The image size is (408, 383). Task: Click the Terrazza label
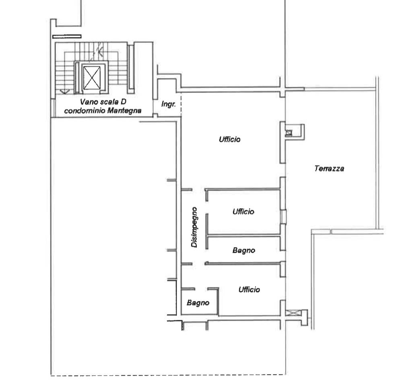click(329, 169)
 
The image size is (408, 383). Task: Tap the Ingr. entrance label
click(169, 104)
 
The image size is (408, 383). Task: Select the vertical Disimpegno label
click(194, 227)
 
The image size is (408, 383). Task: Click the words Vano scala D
click(103, 102)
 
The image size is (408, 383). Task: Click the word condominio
click(85, 111)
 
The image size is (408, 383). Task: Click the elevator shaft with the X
click(92, 78)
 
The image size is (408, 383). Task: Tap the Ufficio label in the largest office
click(229, 139)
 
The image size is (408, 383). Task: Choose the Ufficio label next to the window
click(243, 212)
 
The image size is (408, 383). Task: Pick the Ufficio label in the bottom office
click(249, 289)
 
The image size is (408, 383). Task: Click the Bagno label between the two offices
click(243, 250)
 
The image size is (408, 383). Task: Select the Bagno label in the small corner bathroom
click(198, 303)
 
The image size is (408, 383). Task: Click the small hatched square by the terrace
click(289, 133)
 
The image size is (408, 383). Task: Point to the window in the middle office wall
click(284, 217)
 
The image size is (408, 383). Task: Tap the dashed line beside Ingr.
click(181, 104)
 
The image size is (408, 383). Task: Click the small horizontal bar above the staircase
click(67, 37)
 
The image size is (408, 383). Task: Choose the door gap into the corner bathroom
click(201, 289)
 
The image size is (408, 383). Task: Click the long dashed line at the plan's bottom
click(168, 375)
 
